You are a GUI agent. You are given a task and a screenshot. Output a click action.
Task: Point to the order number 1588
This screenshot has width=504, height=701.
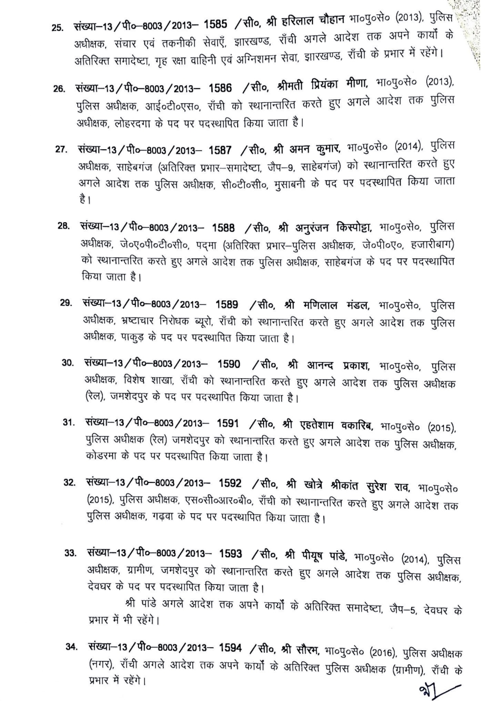[x=223, y=228]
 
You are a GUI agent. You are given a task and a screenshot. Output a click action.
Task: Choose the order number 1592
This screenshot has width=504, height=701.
[x=230, y=483]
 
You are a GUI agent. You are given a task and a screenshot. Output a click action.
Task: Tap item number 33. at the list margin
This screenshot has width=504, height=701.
[x=72, y=553]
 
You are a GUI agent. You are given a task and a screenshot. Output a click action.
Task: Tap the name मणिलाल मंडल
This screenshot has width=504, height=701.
[x=336, y=305]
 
